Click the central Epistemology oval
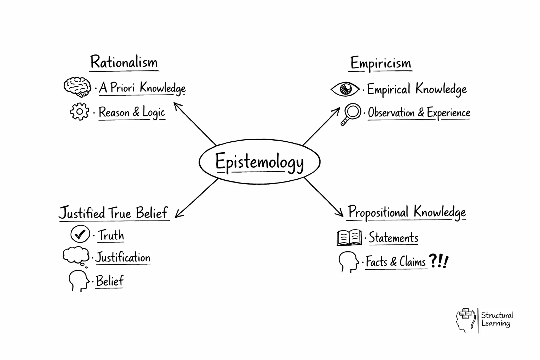259,162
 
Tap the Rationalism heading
124,62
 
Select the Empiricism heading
380,63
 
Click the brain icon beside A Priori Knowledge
77,86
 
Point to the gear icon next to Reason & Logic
79,111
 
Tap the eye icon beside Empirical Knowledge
345,89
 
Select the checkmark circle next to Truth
80,234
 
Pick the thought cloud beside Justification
76,256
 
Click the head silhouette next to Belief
78,280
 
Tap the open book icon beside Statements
349,238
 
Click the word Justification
123,257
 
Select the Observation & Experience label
419,113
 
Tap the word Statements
393,238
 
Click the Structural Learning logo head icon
465,320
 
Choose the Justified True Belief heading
113,213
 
